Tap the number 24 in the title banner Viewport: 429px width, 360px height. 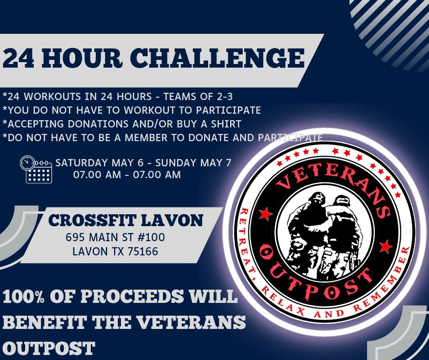(x=18, y=58)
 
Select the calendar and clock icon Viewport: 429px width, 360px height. (x=36, y=169)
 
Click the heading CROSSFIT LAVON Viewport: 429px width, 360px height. (x=126, y=220)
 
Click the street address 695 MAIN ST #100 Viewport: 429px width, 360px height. (x=115, y=237)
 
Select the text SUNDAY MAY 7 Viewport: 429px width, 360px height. (x=193, y=163)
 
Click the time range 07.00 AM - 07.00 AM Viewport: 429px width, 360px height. (x=127, y=175)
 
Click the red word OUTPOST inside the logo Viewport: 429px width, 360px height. (x=314, y=277)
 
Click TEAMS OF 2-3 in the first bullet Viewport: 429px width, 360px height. (x=199, y=96)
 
